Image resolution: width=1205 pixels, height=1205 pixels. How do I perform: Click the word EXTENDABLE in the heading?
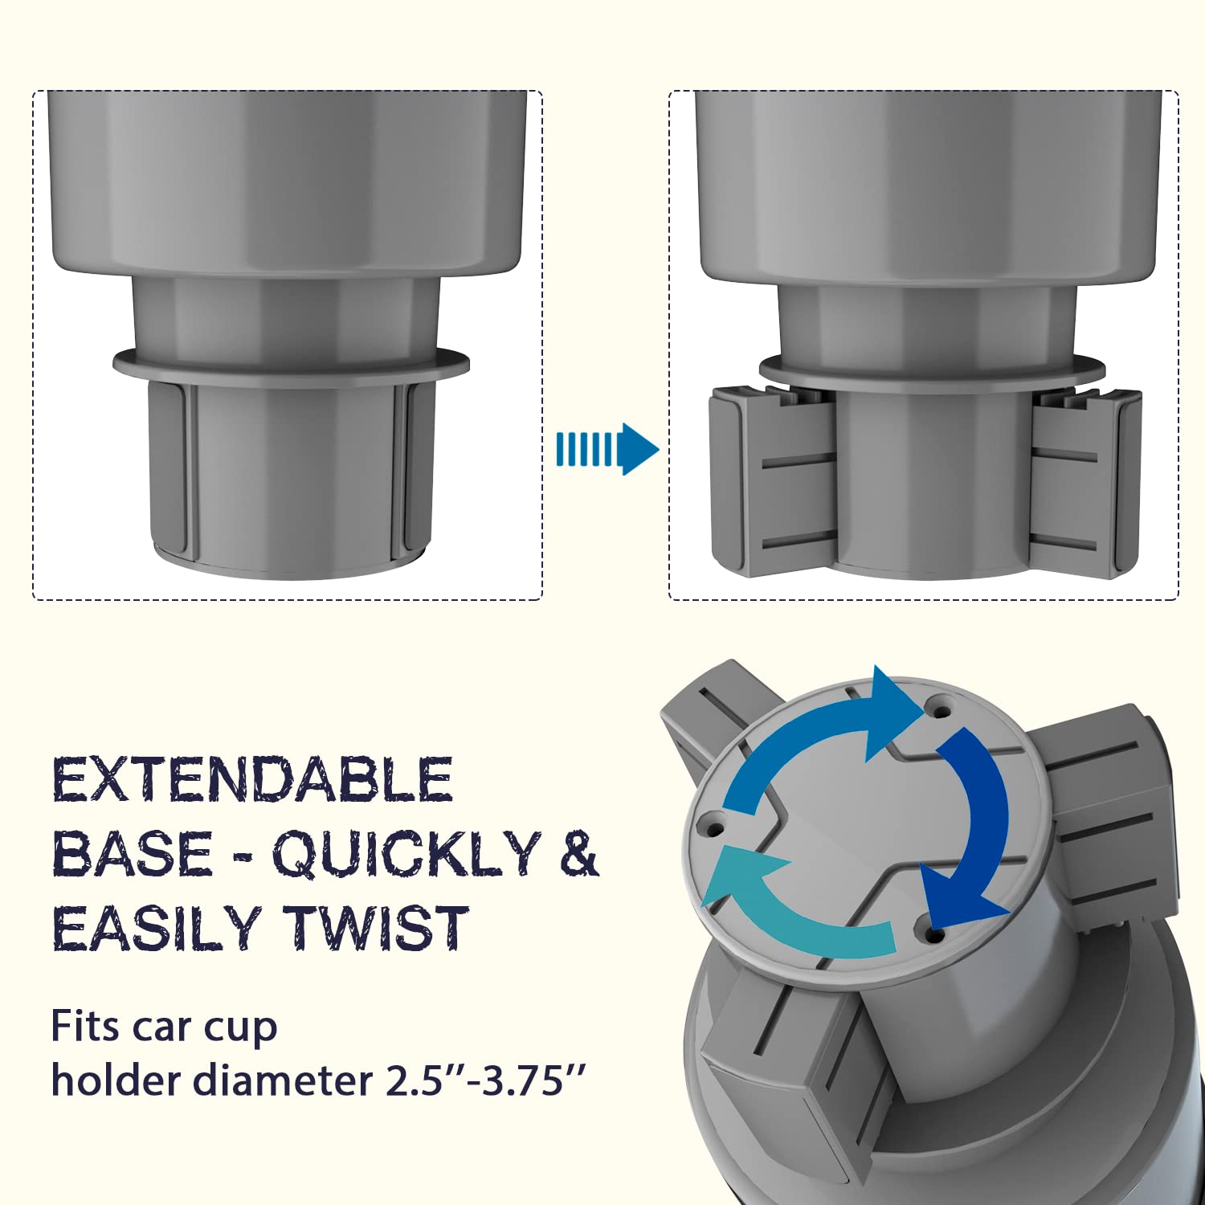tap(252, 779)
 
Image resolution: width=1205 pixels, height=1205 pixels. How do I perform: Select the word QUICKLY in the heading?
tap(406, 855)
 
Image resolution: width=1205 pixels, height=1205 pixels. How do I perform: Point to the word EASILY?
tap(157, 928)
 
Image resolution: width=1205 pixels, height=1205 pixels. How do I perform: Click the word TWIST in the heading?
tap(378, 928)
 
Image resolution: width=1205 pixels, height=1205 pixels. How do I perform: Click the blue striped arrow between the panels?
tap(607, 449)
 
